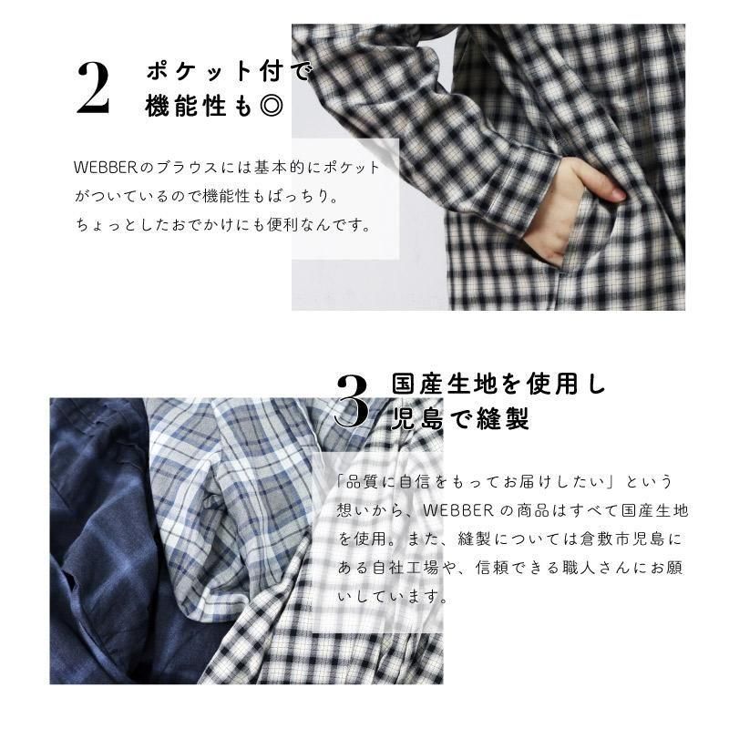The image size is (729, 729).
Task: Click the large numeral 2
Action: (93, 87)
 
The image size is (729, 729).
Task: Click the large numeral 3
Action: (352, 401)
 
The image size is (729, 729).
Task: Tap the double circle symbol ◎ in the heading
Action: (271, 106)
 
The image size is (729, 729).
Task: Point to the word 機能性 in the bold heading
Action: (186, 106)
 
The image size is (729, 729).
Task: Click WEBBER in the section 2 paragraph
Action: (105, 168)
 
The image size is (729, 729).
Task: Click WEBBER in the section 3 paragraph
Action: (458, 510)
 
